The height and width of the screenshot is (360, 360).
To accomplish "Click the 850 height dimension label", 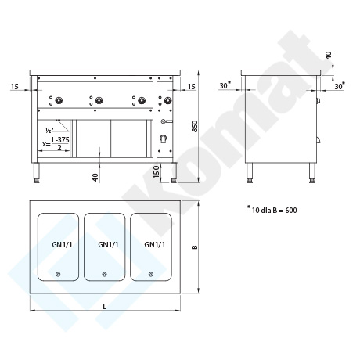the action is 195,126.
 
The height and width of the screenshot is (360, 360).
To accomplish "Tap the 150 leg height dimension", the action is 156,171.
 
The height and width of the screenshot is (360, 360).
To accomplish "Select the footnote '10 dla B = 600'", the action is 274,210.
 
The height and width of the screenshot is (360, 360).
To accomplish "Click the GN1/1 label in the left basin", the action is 62,245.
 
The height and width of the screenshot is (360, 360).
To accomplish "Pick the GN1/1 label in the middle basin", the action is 108,245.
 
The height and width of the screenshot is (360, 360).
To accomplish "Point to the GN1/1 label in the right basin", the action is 155,245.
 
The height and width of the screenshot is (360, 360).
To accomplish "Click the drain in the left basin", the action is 58,274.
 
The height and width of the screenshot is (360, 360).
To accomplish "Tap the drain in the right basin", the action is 150,274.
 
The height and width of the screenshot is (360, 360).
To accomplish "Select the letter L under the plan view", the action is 105,307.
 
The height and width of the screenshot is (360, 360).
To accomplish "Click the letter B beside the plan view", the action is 195,247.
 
